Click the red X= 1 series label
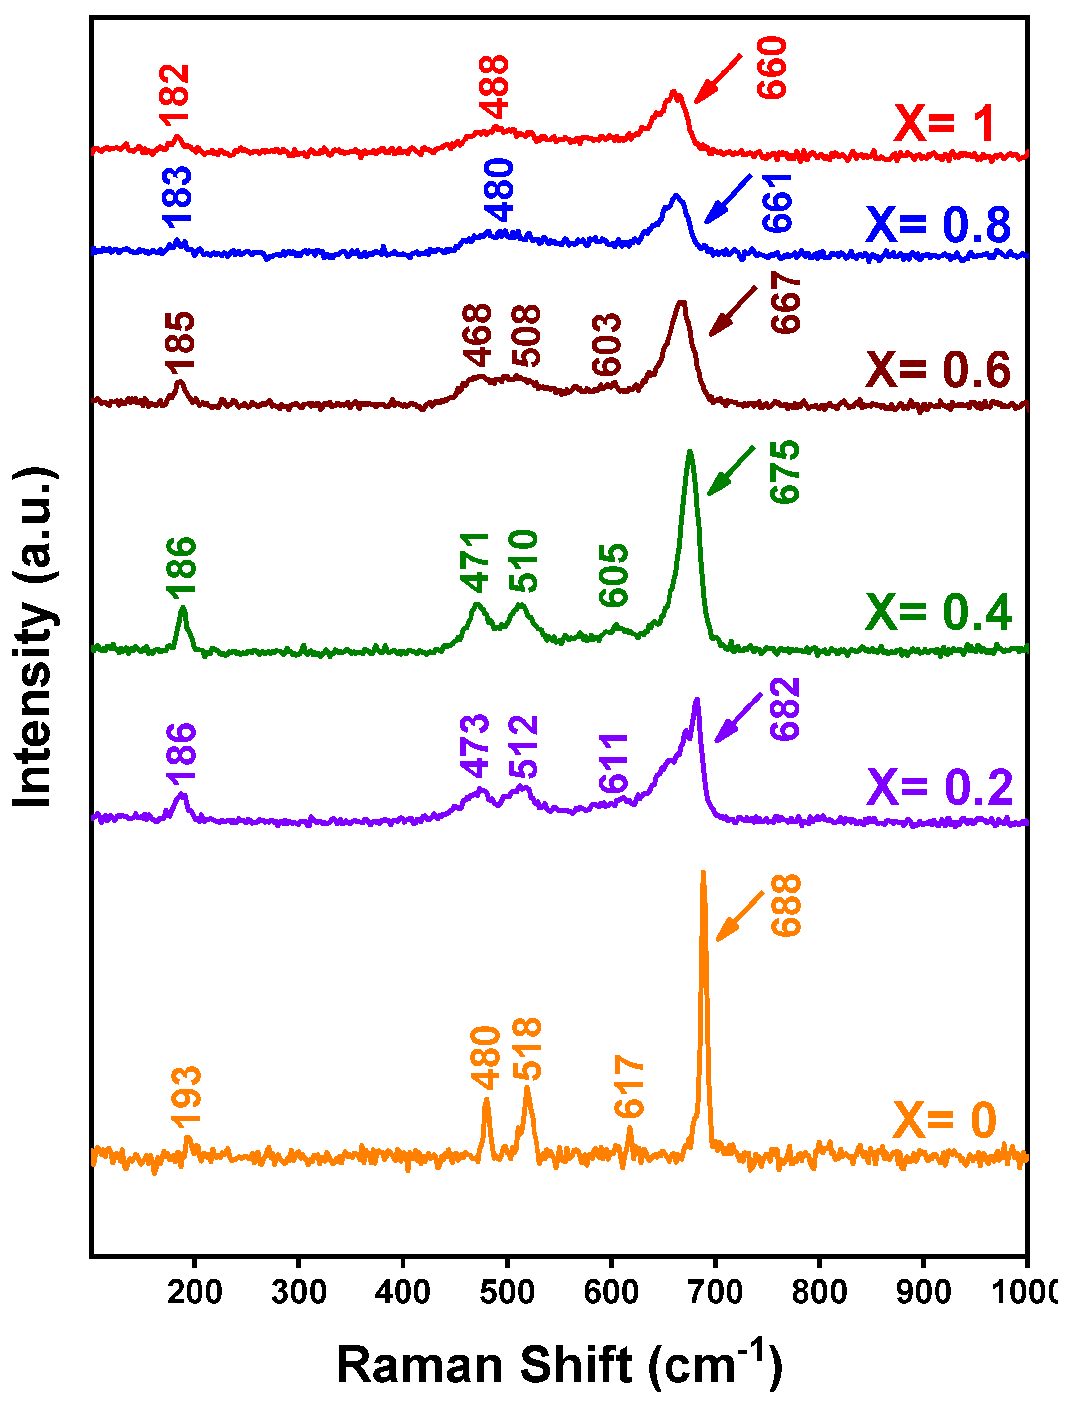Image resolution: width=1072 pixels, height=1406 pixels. point(944,123)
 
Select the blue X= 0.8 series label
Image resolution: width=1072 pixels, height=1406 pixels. point(938,225)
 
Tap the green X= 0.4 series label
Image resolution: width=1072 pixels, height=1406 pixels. point(938,612)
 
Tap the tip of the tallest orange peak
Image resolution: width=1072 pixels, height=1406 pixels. point(703,872)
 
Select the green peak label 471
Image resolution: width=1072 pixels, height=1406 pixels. point(475,562)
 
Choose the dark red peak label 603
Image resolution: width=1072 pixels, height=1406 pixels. point(606,345)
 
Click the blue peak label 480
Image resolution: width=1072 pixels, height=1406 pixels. point(499,190)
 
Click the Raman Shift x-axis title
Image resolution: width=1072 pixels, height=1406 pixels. point(560,1364)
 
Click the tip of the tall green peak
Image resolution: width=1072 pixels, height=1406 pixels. point(690,451)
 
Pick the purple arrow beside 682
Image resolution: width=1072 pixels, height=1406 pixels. point(738,717)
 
